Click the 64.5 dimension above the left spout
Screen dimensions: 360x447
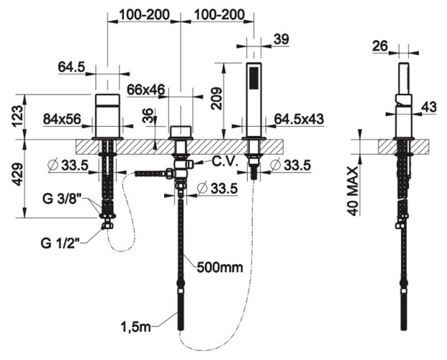[x=72, y=68]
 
